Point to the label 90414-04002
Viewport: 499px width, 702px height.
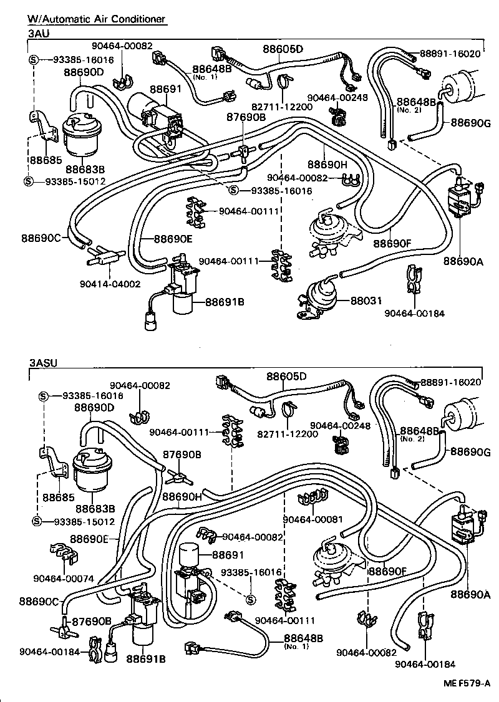(110, 284)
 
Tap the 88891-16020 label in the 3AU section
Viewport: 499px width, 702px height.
(450, 54)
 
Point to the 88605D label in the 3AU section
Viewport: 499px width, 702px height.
(282, 49)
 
